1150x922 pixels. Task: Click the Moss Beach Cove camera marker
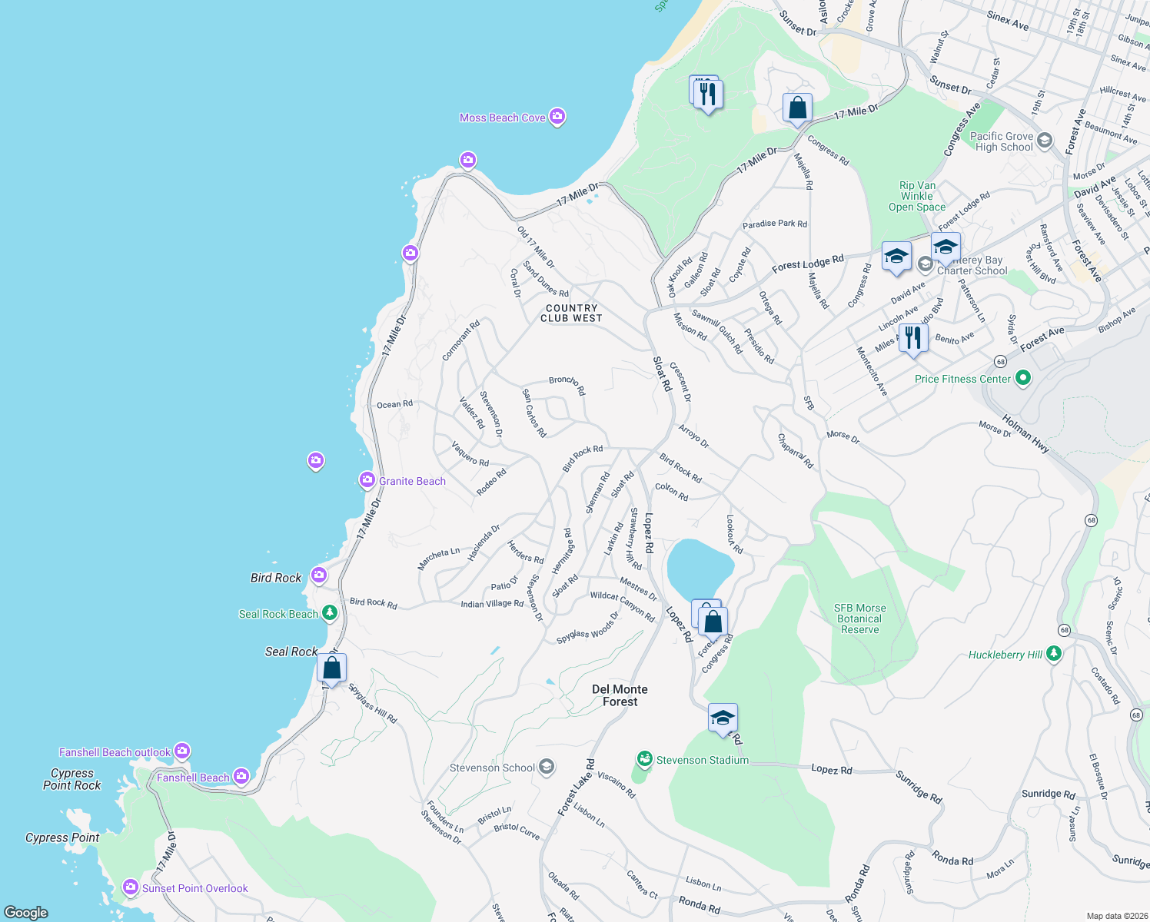557,117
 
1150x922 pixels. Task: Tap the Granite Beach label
412,481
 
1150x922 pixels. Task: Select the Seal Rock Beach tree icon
329,612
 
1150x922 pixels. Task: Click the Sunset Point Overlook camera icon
131,887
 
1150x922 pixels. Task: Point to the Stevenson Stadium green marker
644,759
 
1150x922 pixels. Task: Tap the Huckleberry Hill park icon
1054,654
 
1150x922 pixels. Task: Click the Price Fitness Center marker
1022,378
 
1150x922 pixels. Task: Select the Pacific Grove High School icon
1044,140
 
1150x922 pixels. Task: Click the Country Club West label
571,313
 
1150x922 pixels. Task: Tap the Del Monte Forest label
620,695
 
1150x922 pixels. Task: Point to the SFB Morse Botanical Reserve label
859,619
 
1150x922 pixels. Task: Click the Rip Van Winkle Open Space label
917,196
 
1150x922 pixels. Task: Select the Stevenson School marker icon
546,768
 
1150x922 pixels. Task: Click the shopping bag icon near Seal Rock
332,668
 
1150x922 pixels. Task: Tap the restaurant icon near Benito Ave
912,338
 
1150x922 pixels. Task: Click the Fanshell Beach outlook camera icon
182,751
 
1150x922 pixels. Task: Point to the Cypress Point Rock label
71,779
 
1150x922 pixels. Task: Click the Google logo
26,912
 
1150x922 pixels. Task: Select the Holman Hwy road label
1025,434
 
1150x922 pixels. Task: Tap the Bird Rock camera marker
319,575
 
